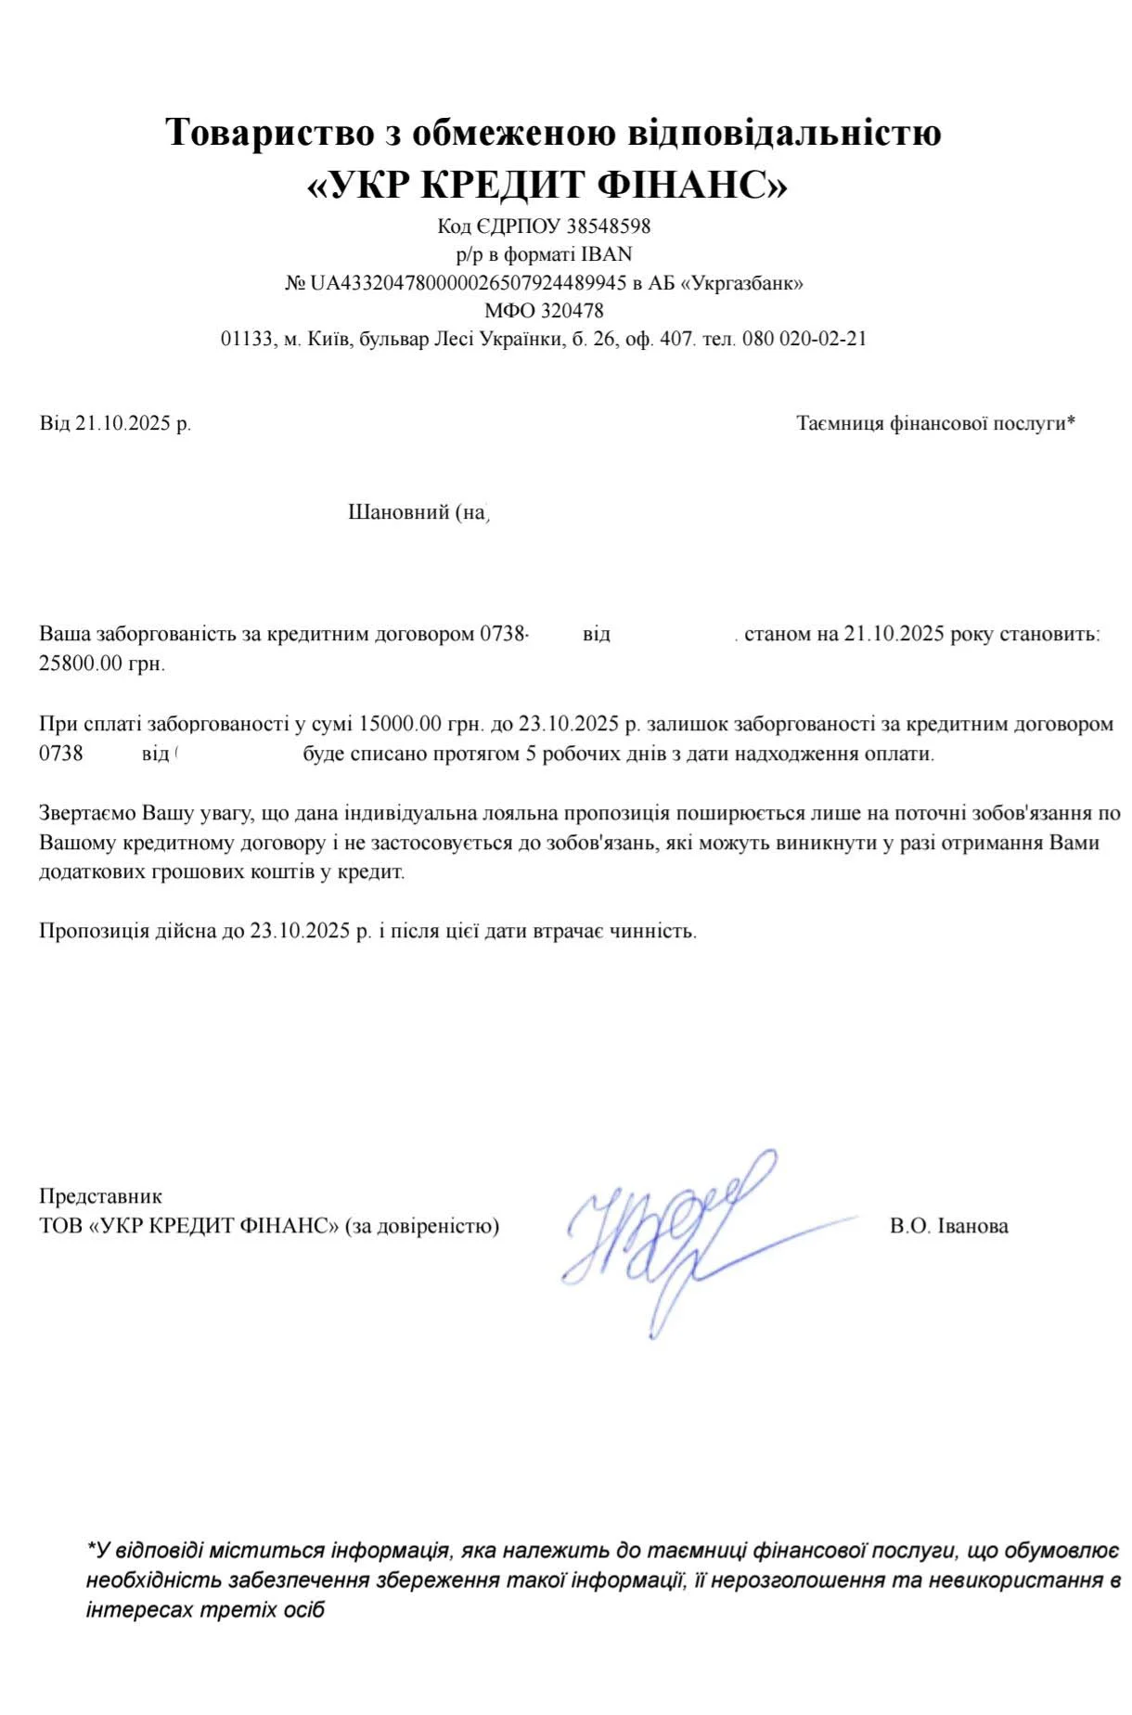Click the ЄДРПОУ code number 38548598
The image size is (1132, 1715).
coord(609,226)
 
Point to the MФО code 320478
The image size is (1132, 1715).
coord(572,311)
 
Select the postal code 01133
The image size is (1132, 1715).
coord(248,339)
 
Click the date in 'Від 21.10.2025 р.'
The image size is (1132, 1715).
coord(123,424)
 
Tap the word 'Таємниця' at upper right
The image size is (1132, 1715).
coord(840,424)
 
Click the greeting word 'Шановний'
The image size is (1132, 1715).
coord(398,512)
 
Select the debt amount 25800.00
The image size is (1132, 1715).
coord(81,664)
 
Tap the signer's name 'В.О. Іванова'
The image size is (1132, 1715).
coord(948,1226)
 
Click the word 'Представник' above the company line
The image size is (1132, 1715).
coord(100,1197)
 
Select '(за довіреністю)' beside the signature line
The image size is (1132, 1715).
coord(422,1226)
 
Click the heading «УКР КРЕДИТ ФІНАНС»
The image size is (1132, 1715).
coord(547,186)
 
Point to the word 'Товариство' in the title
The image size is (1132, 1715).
coord(269,133)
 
